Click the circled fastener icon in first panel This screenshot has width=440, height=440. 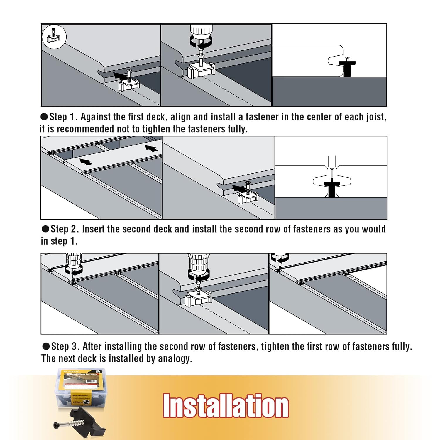pyautogui.click(x=54, y=37)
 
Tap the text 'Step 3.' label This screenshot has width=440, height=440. pyautogui.click(x=65, y=346)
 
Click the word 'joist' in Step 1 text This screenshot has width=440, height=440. pyautogui.click(x=375, y=117)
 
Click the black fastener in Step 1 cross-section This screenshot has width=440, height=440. pyautogui.click(x=347, y=68)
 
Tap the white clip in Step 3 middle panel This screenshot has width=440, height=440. pyautogui.click(x=198, y=299)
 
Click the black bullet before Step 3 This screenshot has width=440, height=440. pyautogui.click(x=46, y=346)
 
